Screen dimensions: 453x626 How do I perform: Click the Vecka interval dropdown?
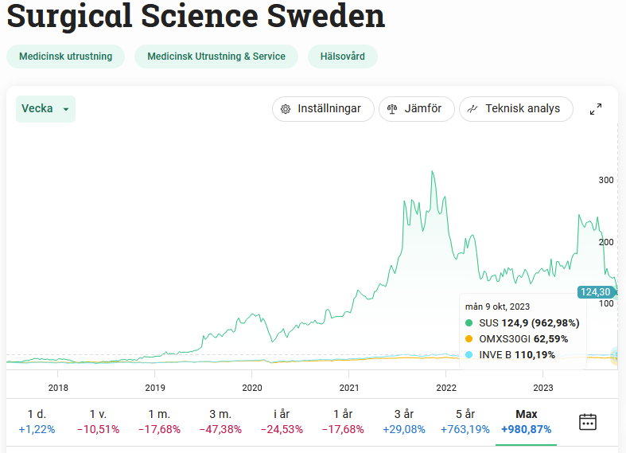(45, 109)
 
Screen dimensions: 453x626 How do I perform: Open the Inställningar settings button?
(323, 109)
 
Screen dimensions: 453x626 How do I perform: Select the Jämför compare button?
(417, 109)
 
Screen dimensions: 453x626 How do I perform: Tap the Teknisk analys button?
(515, 109)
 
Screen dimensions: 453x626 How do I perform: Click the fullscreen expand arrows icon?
(595, 109)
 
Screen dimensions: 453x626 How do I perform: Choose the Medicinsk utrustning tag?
(66, 57)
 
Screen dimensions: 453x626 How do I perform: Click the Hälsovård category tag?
(342, 57)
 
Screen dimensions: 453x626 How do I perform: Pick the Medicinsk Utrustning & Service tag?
(216, 57)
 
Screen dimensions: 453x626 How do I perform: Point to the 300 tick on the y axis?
(606, 181)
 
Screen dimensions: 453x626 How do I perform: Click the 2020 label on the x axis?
(251, 388)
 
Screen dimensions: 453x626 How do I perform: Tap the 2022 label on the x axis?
(446, 388)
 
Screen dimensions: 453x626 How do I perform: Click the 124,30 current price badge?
(595, 292)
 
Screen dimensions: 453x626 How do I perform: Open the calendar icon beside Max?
(588, 422)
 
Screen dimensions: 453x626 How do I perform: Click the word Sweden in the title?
(326, 16)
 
